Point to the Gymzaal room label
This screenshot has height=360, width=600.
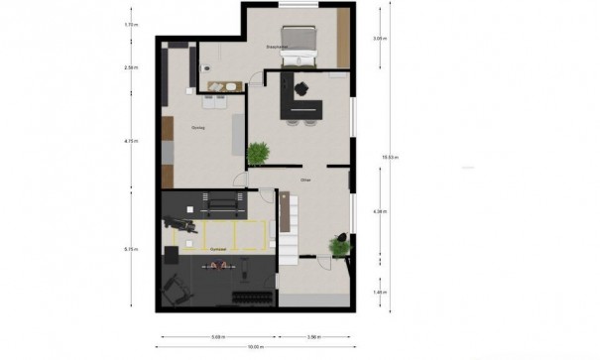pos(218,249)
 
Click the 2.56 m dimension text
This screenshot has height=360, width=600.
pos(131,67)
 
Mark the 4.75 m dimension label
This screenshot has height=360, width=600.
pos(131,141)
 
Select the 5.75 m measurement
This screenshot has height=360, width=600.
pos(131,249)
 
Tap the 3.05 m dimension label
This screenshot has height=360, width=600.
pos(378,39)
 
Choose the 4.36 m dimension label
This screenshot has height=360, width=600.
pos(378,212)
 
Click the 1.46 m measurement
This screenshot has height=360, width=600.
pos(378,293)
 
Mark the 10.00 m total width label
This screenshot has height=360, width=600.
pos(255,346)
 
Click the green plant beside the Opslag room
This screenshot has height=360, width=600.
pos(259,153)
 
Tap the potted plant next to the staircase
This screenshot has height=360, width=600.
pos(341,243)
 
